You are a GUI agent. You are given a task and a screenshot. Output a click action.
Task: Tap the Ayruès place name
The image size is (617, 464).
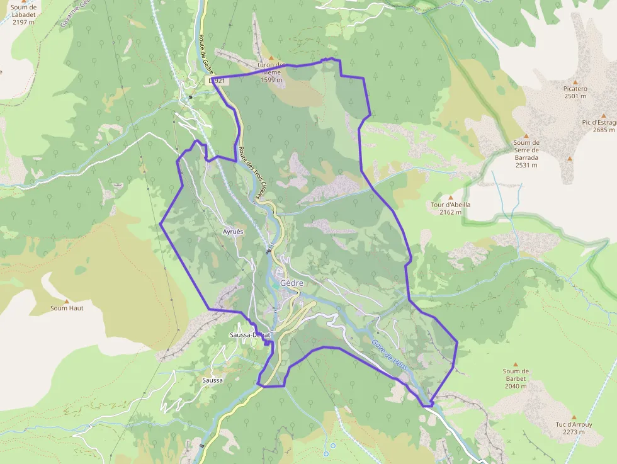(x=233, y=232)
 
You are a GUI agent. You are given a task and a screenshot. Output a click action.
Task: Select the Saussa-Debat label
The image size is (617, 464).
(x=250, y=335)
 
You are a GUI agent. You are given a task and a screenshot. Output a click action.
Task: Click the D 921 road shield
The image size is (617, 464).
(x=217, y=81)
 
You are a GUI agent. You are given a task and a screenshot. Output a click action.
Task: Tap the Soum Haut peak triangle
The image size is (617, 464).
(x=67, y=301)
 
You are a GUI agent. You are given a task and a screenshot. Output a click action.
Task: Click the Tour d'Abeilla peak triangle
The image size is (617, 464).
(x=450, y=198)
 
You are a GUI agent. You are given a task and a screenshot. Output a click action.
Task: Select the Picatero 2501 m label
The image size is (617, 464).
(x=575, y=93)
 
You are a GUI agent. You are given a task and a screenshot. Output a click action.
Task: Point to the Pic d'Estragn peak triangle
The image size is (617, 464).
(x=603, y=115)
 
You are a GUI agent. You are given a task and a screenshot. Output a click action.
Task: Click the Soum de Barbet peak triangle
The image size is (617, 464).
(x=515, y=364)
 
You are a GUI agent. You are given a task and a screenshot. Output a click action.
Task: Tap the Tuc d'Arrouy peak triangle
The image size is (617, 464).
(x=574, y=417)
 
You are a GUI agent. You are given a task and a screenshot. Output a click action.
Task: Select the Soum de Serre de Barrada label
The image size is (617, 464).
(x=526, y=154)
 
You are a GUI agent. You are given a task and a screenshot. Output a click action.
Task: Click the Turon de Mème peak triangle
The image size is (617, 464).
(x=271, y=57)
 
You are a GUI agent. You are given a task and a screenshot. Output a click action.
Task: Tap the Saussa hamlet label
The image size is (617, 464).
(x=213, y=380)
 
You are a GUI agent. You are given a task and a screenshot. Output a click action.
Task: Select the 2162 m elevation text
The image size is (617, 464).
(x=451, y=212)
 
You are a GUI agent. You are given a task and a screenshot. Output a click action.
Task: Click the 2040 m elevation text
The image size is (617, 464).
(x=516, y=386)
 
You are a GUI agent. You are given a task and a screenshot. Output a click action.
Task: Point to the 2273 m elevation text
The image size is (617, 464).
(x=574, y=432)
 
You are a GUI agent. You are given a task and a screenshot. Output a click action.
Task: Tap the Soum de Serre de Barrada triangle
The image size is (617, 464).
(x=526, y=135)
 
